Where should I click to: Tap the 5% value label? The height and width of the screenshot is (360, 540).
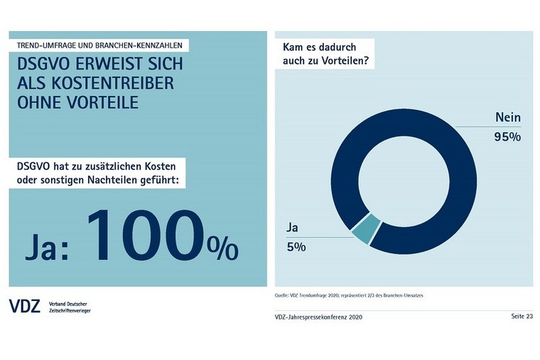(296, 247)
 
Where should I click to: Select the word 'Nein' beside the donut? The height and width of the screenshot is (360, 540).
(507, 119)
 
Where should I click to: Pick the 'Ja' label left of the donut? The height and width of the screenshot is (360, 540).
(292, 229)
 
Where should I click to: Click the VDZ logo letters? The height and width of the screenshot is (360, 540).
(25, 306)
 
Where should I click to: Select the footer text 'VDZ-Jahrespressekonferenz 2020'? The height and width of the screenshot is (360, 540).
(318, 317)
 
